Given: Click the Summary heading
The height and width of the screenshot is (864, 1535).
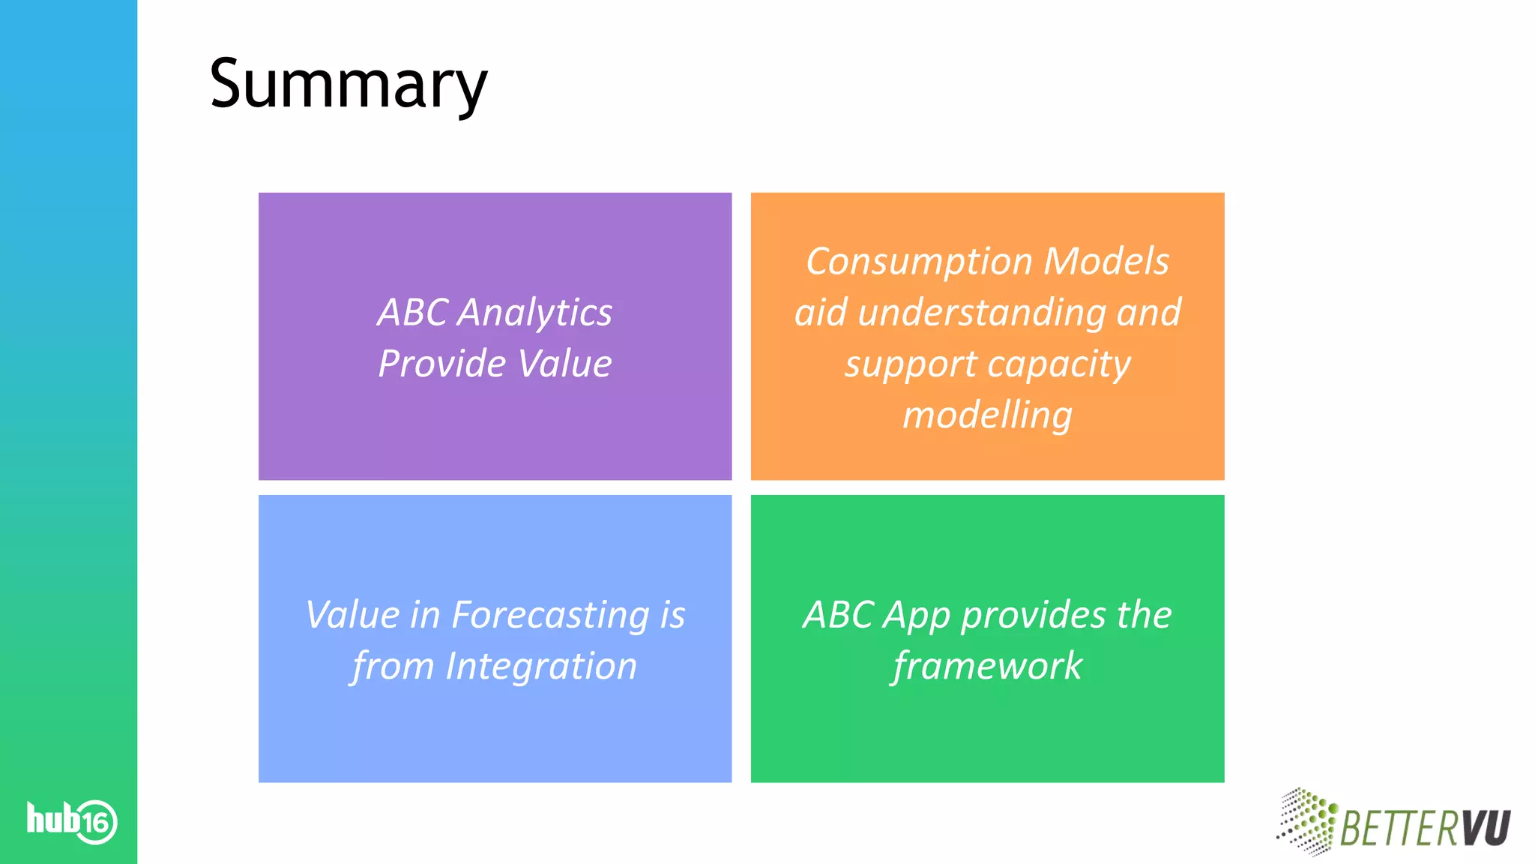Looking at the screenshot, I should click(x=349, y=84).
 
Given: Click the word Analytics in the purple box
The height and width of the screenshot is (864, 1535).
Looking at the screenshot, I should click(x=535, y=312).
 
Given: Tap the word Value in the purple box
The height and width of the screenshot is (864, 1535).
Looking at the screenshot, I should click(x=564, y=364).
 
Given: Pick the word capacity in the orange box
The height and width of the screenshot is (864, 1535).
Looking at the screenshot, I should click(x=1058, y=365).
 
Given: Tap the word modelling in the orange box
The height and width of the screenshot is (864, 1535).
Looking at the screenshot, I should click(x=987, y=415).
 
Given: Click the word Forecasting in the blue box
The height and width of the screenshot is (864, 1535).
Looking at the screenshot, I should click(x=551, y=616).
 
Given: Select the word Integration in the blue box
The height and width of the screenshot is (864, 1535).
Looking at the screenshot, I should click(x=540, y=666).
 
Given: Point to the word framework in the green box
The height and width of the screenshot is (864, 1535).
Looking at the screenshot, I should click(x=987, y=666).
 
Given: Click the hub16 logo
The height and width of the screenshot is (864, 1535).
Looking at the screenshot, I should click(x=72, y=820).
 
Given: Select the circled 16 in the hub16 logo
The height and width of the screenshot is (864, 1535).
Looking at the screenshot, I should click(x=96, y=823).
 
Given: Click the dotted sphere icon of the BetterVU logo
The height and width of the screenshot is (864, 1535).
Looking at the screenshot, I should click(x=1307, y=820).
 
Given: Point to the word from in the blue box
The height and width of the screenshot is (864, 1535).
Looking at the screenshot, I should click(x=393, y=666).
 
